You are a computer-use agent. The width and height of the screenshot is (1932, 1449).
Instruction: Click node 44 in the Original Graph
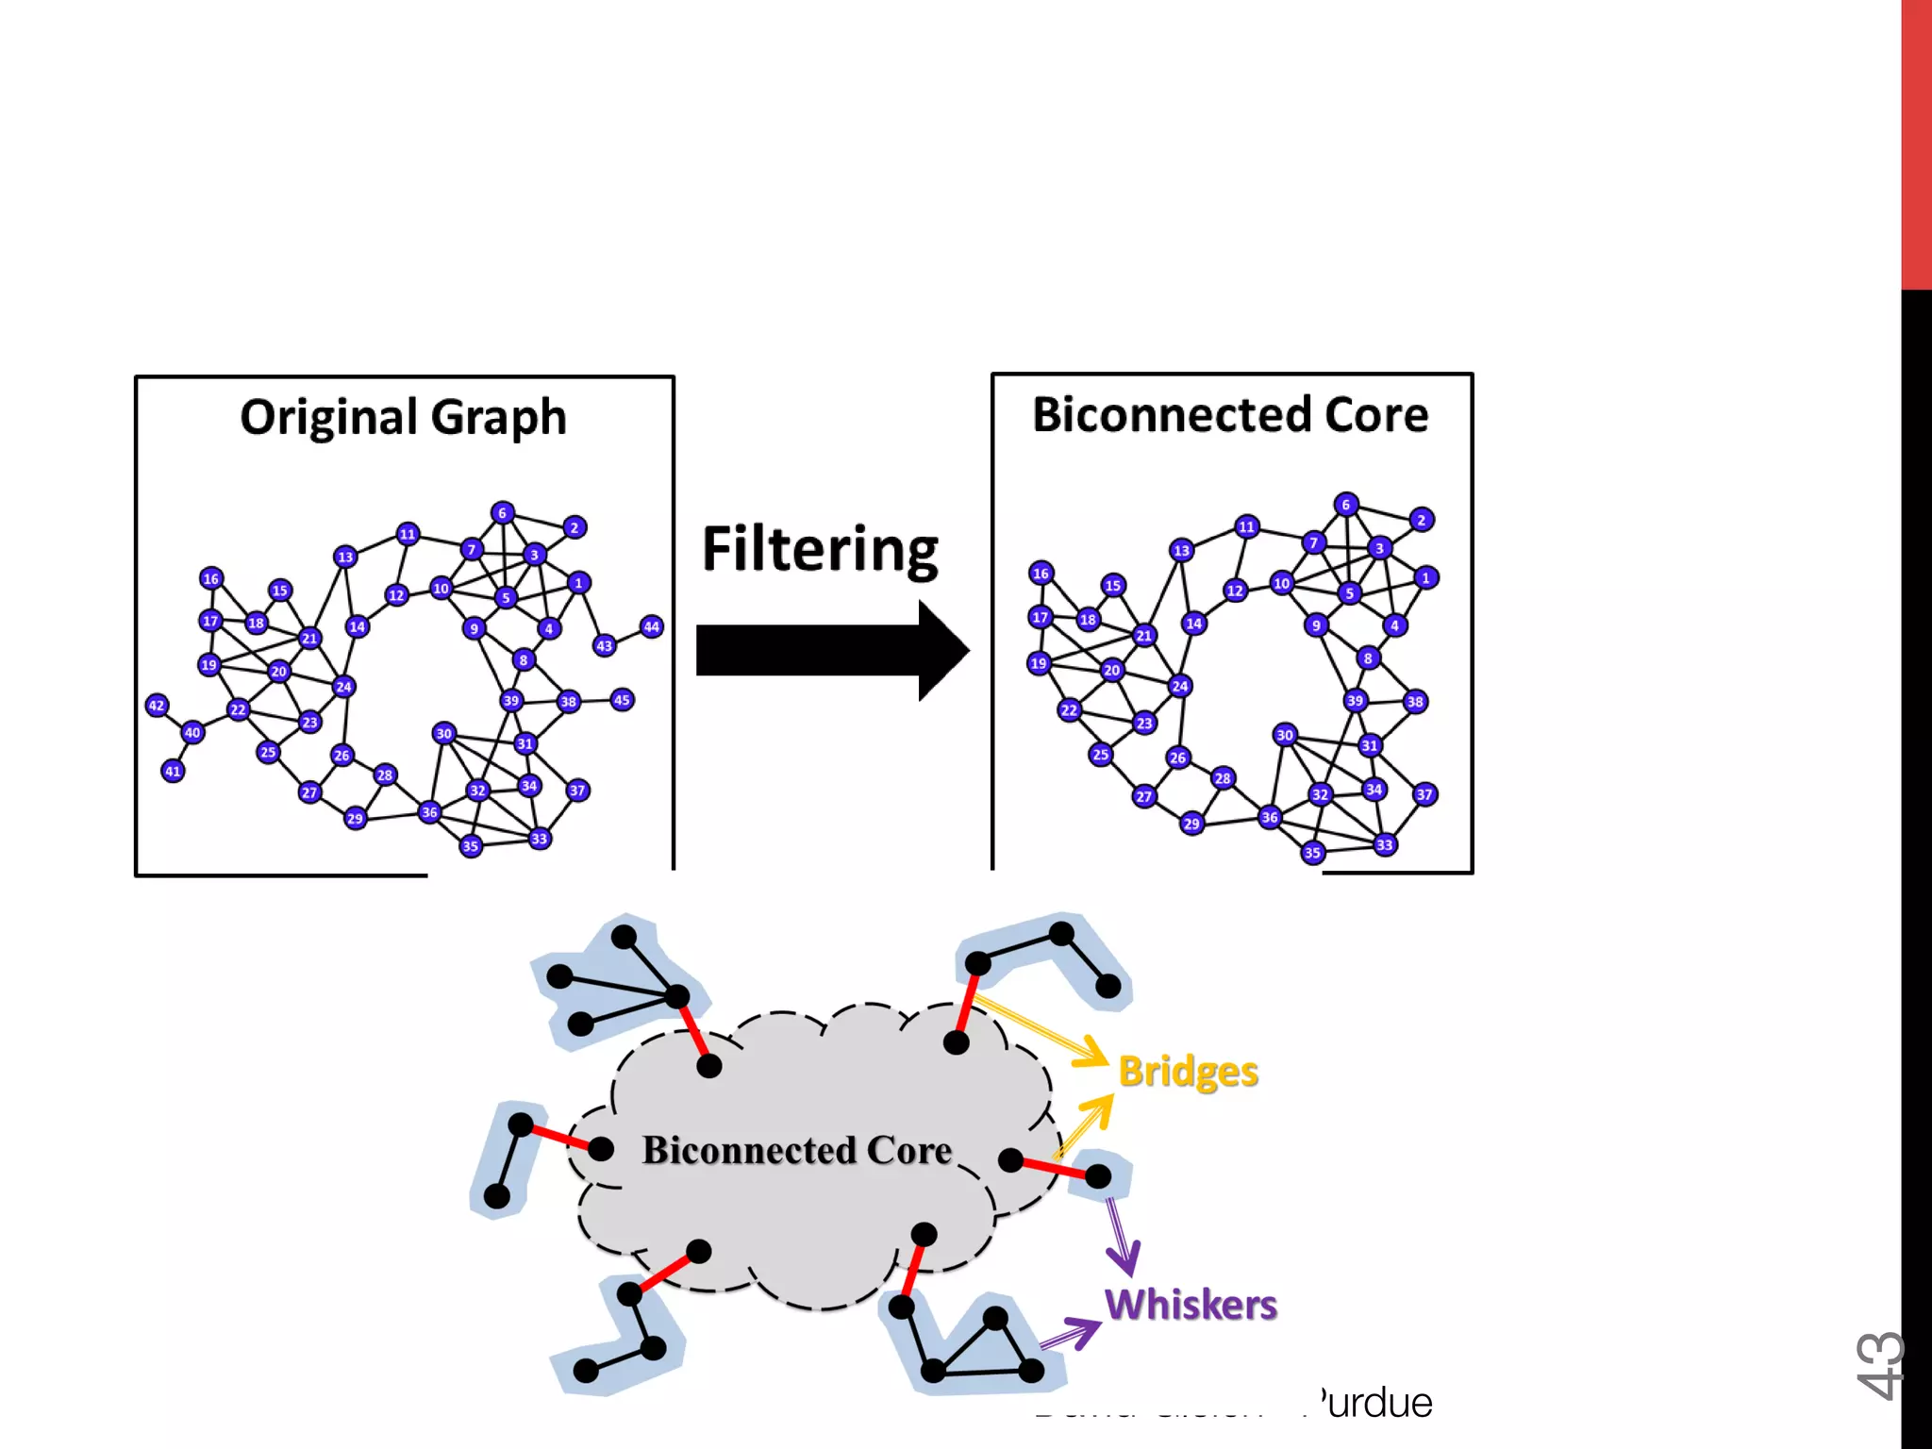point(651,626)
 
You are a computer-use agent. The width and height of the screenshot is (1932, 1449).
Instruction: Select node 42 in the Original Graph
point(157,705)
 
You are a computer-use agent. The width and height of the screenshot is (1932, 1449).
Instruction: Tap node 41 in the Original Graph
point(173,771)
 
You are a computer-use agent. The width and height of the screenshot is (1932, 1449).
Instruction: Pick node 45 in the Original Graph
point(622,700)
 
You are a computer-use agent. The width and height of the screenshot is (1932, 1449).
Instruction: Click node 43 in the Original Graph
point(605,646)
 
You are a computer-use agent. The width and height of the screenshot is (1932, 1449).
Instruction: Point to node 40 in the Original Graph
point(192,732)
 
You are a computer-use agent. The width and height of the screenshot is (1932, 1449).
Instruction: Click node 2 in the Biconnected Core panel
point(1422,520)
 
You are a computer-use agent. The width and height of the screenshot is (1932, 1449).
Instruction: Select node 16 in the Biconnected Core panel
point(1041,573)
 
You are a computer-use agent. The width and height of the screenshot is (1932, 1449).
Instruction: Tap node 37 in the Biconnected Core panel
point(1424,794)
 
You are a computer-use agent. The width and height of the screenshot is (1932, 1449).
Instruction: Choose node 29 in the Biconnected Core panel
point(1191,823)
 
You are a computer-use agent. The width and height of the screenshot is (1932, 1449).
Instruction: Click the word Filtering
point(820,549)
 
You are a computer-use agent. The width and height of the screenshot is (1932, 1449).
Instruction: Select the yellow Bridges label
point(1188,1072)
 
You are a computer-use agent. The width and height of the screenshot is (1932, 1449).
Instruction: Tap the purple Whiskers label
point(1191,1305)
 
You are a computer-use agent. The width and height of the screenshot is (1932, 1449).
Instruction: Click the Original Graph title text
point(403,417)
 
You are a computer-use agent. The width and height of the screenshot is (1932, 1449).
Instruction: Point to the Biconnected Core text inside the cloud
point(797,1151)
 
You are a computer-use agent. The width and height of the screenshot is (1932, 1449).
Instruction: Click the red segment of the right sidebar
point(1916,142)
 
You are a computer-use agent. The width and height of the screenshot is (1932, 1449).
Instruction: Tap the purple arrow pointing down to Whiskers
point(1121,1237)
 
